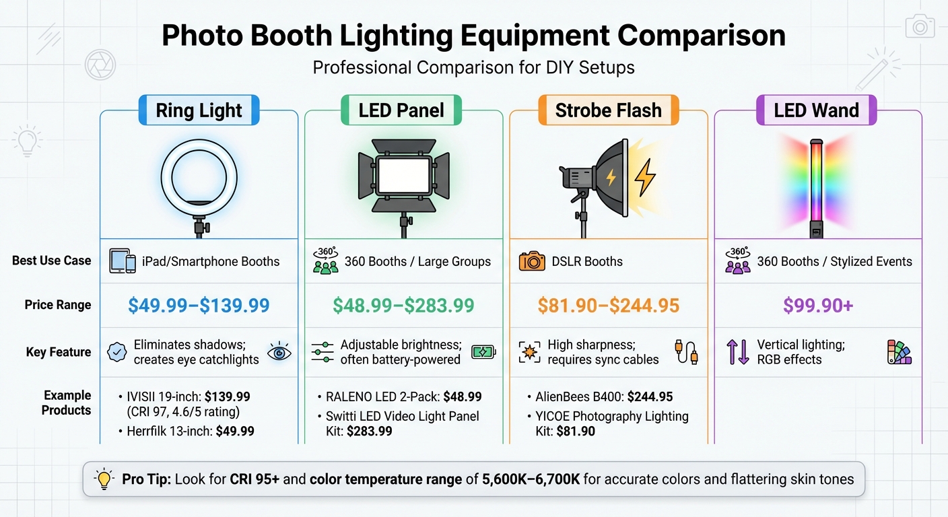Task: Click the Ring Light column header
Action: pos(199,110)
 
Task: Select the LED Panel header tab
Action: pos(401,110)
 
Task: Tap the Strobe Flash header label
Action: pos(608,110)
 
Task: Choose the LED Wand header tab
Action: pos(816,110)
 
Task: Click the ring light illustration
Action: pos(199,178)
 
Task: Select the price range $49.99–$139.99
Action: pos(199,306)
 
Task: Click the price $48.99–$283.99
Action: pos(403,306)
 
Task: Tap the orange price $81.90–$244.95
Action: pos(608,306)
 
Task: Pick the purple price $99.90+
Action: pos(818,306)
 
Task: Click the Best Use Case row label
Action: pos(51,261)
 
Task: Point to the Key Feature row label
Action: pos(59,351)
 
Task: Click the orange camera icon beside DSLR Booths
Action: pos(532,261)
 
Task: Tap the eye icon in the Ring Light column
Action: pos(279,352)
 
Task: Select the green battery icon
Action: pos(483,351)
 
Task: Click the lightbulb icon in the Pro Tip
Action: pos(104,479)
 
